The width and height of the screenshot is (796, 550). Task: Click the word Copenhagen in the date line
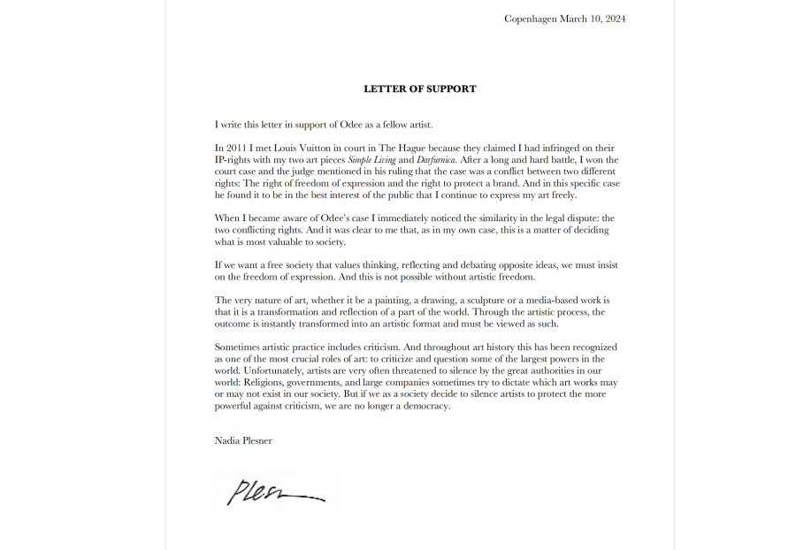click(530, 19)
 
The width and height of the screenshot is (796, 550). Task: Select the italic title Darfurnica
click(427, 159)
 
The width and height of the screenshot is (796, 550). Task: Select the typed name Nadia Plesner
click(243, 440)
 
